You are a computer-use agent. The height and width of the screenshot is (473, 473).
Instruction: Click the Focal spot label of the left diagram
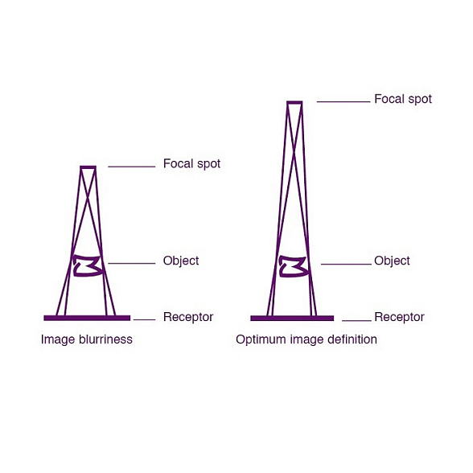[191, 164]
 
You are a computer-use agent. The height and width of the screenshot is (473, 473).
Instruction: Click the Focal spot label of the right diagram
[403, 99]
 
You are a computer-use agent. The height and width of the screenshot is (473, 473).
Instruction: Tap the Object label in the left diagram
[181, 261]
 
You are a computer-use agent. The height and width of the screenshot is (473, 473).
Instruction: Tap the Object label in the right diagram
[392, 261]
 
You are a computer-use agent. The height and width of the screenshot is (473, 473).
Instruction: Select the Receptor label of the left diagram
[188, 317]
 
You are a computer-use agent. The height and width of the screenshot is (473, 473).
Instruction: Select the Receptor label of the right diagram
[399, 317]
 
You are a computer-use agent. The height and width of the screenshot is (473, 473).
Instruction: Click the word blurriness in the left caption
[105, 339]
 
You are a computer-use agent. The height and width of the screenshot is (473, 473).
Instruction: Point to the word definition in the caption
[352, 339]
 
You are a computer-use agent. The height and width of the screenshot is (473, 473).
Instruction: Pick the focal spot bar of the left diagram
[88, 167]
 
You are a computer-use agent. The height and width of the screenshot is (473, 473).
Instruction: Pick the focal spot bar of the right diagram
[294, 103]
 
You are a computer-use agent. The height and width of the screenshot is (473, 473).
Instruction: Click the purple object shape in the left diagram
[88, 265]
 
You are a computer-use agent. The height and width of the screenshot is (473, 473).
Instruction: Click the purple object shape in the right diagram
[293, 266]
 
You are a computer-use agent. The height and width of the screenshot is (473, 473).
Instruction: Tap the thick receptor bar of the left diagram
[87, 318]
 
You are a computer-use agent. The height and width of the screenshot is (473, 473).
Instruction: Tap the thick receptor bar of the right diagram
[292, 319]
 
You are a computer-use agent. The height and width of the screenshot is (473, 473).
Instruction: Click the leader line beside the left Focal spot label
[132, 167]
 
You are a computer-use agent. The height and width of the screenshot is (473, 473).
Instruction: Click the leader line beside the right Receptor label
[356, 320]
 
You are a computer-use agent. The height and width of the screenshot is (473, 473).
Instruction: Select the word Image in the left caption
[58, 340]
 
